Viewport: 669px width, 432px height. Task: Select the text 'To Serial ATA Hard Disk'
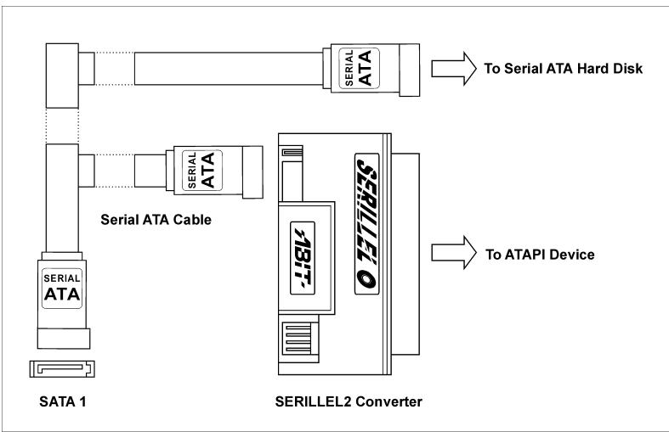pos(555,70)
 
